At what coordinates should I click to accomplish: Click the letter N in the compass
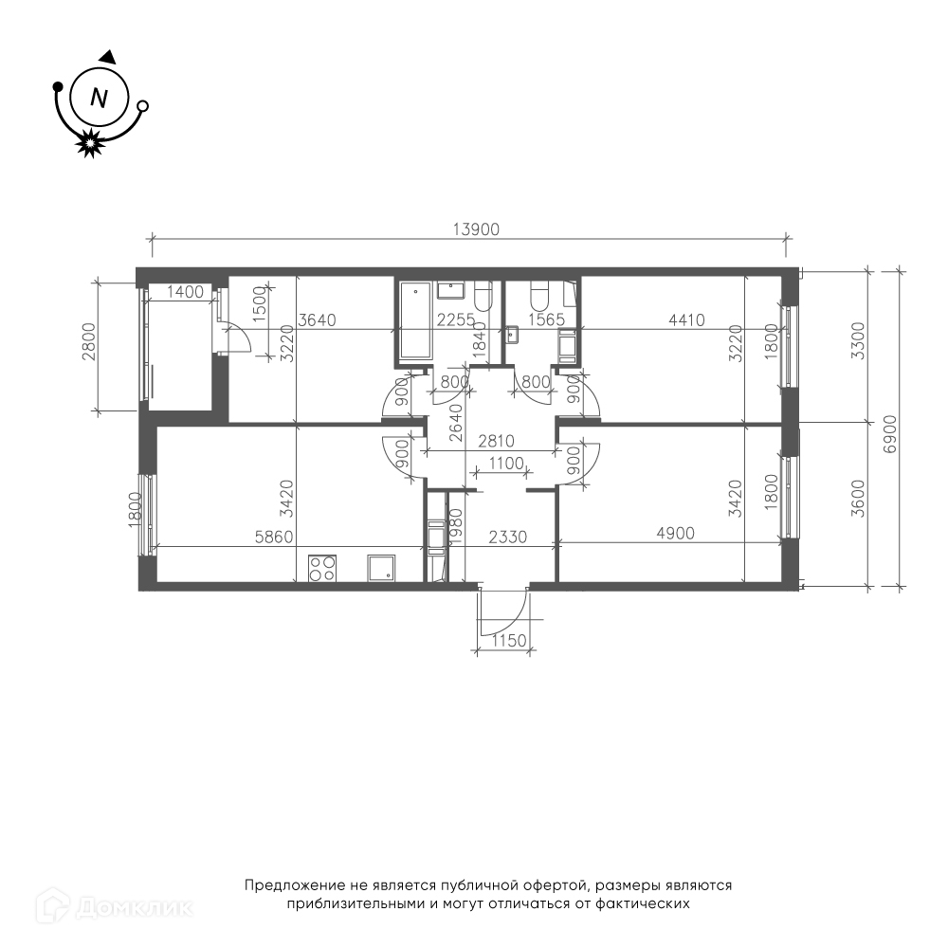[x=99, y=98]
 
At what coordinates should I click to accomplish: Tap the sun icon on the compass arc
[x=89, y=143]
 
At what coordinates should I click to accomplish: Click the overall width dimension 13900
[x=477, y=229]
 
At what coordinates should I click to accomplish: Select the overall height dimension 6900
[x=890, y=433]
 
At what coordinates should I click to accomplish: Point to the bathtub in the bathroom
[x=415, y=322]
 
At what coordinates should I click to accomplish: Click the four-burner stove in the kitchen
[x=322, y=568]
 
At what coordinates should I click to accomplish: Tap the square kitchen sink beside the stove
[x=381, y=568]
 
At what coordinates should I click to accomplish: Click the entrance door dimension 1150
[x=509, y=640]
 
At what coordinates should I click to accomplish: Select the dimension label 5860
[x=274, y=537]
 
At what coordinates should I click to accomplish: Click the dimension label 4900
[x=675, y=533]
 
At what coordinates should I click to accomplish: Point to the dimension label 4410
[x=686, y=319]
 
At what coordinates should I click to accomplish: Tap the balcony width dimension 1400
[x=185, y=292]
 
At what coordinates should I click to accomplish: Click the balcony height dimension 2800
[x=89, y=341]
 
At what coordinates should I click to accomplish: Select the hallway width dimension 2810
[x=496, y=442]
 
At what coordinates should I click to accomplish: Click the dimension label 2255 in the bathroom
[x=457, y=319]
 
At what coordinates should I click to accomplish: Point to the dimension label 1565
[x=547, y=319]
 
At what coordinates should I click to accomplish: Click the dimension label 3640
[x=318, y=319]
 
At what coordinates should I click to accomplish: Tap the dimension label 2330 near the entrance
[x=508, y=537]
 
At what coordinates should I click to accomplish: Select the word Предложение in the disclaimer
[x=295, y=886]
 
